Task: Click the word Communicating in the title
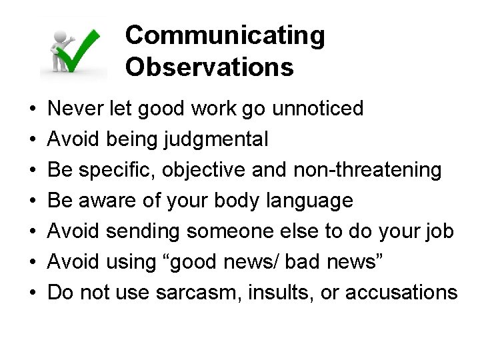[225, 36]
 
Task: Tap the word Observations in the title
[209, 67]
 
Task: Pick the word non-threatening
[367, 170]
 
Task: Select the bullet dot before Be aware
[32, 201]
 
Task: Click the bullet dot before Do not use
[32, 293]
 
